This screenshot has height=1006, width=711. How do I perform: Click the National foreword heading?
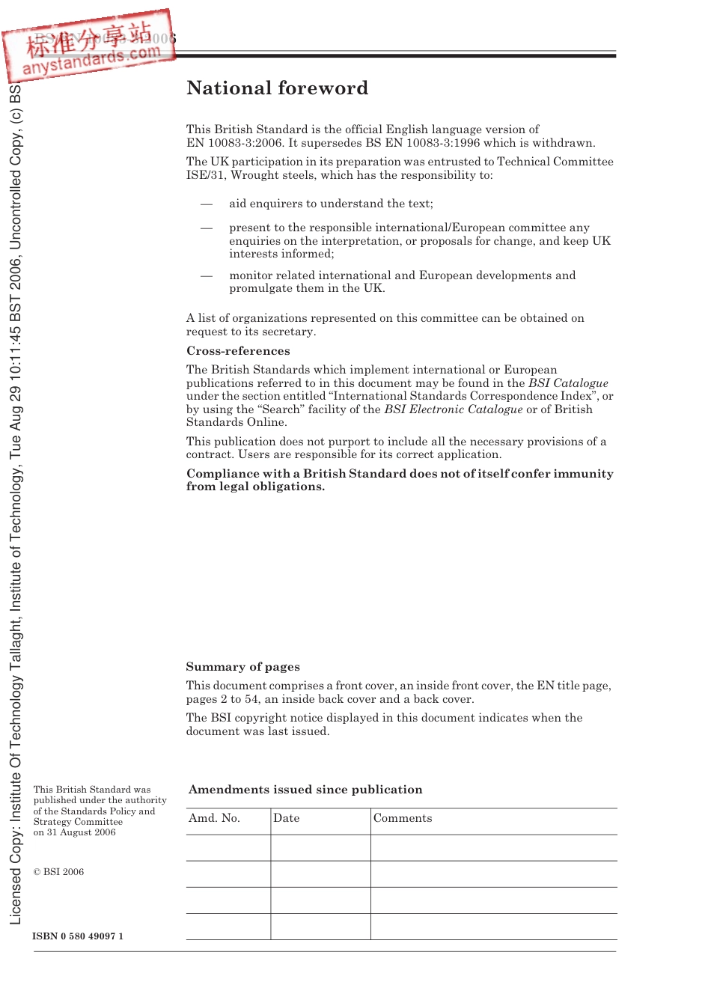(277, 88)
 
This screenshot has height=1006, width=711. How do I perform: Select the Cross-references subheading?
(238, 351)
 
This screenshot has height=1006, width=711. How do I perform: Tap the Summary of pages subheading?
(242, 667)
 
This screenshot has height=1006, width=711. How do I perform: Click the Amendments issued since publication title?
(305, 790)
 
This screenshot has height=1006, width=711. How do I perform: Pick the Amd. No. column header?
(214, 818)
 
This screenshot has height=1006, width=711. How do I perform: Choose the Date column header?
(286, 818)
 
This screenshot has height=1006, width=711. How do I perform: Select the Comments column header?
(403, 818)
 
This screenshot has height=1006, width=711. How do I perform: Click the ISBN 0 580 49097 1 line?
(78, 936)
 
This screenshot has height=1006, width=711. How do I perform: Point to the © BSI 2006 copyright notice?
(58, 872)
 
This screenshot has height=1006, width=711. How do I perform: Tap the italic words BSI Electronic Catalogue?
(454, 409)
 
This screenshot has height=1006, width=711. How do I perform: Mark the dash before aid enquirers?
(206, 204)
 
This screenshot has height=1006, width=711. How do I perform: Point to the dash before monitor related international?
(206, 275)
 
